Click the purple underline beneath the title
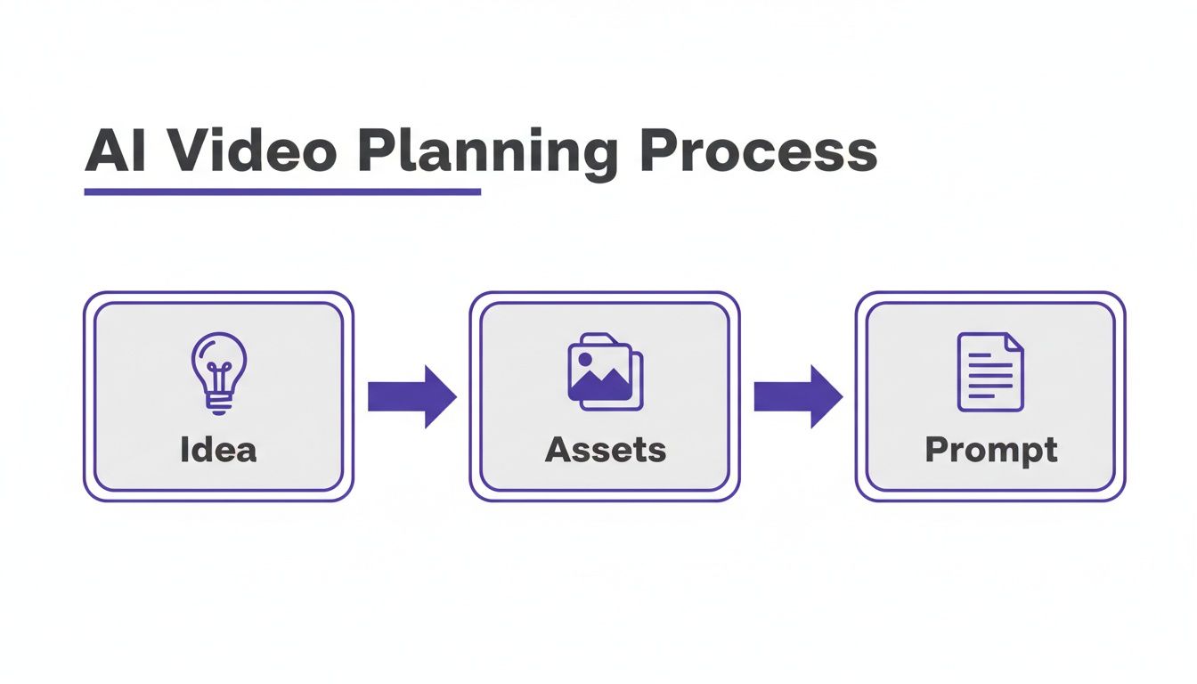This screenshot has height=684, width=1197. (281, 191)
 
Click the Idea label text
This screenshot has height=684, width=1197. (218, 449)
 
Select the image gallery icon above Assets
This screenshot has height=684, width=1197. (605, 371)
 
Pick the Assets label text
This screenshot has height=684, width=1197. (605, 449)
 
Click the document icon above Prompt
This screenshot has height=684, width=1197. (990, 371)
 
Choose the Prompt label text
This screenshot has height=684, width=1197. (991, 450)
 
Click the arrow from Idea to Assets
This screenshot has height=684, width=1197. (411, 396)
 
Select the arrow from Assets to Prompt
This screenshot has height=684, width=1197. (798, 396)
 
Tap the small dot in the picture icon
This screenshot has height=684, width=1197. (585, 359)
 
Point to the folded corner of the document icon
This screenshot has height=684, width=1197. (1014, 342)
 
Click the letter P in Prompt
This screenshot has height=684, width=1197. (935, 449)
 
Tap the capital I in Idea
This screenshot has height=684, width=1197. (184, 449)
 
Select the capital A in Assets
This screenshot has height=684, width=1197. (558, 449)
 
